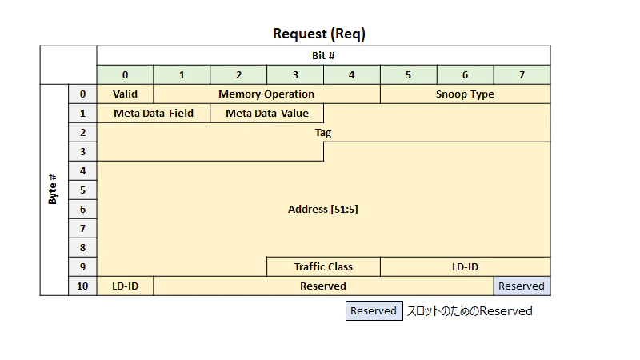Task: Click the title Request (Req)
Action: (x=319, y=34)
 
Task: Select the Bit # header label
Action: (x=323, y=55)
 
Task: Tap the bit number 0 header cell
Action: (x=126, y=74)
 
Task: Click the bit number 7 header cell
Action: (x=522, y=74)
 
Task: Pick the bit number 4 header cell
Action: (x=352, y=74)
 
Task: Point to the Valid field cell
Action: (x=126, y=94)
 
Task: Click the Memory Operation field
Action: (x=267, y=94)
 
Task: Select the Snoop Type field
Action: (x=466, y=94)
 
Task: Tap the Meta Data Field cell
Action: (x=154, y=113)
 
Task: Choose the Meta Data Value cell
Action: (x=267, y=113)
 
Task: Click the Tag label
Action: (x=323, y=133)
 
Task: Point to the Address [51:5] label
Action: (x=323, y=210)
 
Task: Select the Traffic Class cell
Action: (x=324, y=267)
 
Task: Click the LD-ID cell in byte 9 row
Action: (x=466, y=267)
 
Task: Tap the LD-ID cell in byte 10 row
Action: (x=126, y=286)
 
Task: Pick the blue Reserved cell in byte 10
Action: (x=522, y=286)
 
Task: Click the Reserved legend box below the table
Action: (x=374, y=311)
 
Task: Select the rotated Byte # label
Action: (x=52, y=190)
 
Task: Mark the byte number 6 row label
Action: (x=83, y=210)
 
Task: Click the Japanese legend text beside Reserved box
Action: (x=470, y=311)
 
